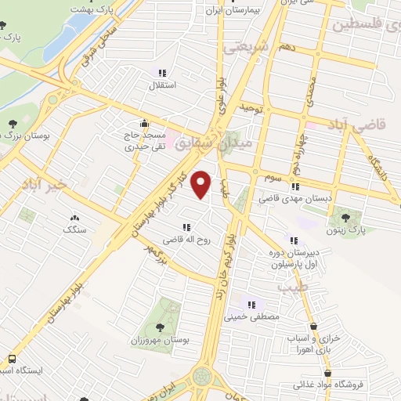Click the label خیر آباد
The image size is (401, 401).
coord(53,183)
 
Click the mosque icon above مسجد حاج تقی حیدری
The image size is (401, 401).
coord(143,123)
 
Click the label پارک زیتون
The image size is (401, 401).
coord(345,229)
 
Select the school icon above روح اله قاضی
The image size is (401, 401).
coord(186,226)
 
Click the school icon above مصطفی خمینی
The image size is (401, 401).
coord(251,305)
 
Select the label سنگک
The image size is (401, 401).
coord(75,230)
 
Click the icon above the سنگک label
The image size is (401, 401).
coord(75,218)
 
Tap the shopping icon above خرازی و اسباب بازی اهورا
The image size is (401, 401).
coord(314,326)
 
